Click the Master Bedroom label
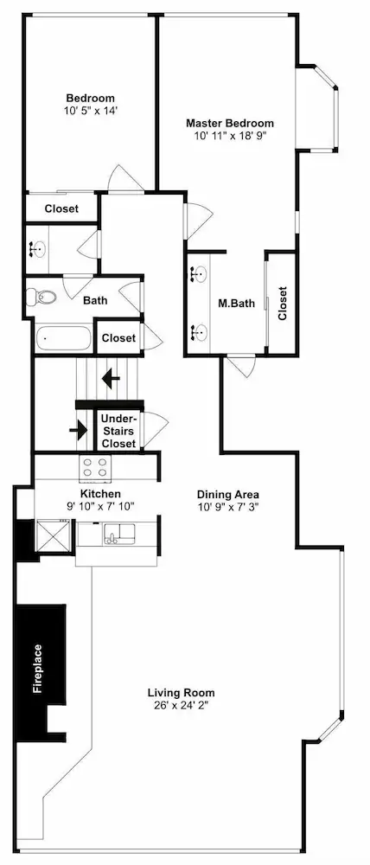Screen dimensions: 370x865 tap(229, 123)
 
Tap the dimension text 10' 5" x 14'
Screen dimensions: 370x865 tap(91, 110)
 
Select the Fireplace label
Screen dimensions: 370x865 tap(37, 668)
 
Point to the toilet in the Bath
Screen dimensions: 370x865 tap(41, 298)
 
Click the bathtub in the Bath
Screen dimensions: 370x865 tap(63, 338)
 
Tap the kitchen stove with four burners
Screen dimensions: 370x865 tap(95, 467)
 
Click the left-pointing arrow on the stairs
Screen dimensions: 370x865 tap(112, 379)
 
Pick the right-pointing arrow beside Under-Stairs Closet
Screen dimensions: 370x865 tap(79, 429)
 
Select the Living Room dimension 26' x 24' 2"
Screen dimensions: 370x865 tap(182, 704)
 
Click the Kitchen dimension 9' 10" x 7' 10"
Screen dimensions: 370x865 tap(100, 505)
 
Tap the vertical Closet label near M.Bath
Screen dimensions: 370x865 tap(283, 303)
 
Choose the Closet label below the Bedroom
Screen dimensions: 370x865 tap(61, 209)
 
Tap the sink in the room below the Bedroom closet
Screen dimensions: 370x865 tap(36, 250)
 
